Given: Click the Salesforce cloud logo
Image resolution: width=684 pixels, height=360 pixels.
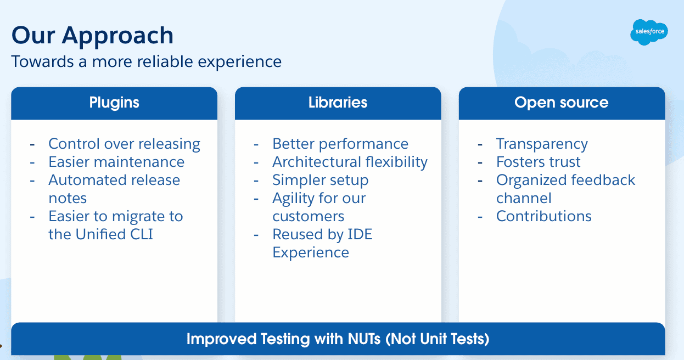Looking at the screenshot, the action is (649, 32).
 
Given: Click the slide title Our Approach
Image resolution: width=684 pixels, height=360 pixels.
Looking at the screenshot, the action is (93, 36).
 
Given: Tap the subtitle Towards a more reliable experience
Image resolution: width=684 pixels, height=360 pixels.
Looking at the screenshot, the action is (146, 61).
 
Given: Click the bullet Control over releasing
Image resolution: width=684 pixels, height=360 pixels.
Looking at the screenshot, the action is (124, 144).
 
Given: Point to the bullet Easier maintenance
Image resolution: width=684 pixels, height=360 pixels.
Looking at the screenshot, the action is (116, 162).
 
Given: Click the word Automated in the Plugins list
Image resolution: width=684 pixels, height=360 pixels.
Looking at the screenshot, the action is (87, 180).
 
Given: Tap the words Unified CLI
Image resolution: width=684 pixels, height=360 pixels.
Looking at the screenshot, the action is (114, 234).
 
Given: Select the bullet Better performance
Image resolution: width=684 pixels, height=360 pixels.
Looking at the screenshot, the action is (340, 144).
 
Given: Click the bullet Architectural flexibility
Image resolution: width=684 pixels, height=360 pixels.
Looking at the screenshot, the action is (350, 162).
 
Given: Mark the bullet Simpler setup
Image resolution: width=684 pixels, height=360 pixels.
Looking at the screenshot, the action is (321, 180).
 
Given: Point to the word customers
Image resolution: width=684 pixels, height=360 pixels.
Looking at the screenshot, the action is (309, 216).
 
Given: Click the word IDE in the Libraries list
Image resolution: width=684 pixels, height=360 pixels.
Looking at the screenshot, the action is (360, 234).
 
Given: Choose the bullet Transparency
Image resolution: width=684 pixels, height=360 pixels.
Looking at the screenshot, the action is (542, 144).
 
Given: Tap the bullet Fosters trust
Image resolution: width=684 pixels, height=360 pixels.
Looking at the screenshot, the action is (538, 162).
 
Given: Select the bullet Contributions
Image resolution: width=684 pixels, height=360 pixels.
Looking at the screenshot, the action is (544, 216).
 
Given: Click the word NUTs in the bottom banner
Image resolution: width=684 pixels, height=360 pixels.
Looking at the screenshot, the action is (364, 339).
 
